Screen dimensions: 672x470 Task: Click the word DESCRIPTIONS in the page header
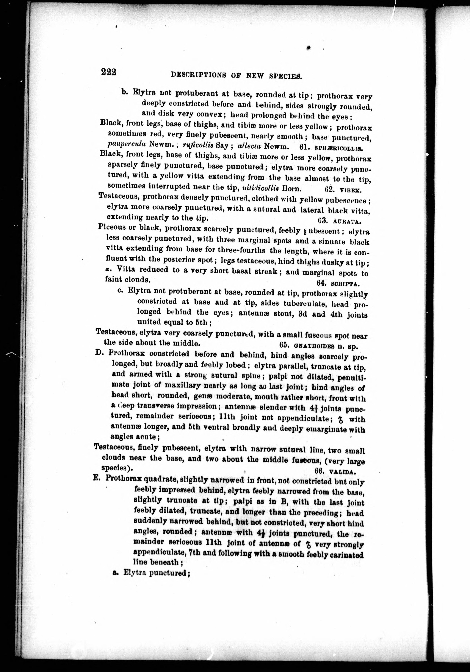pos(198,75)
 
